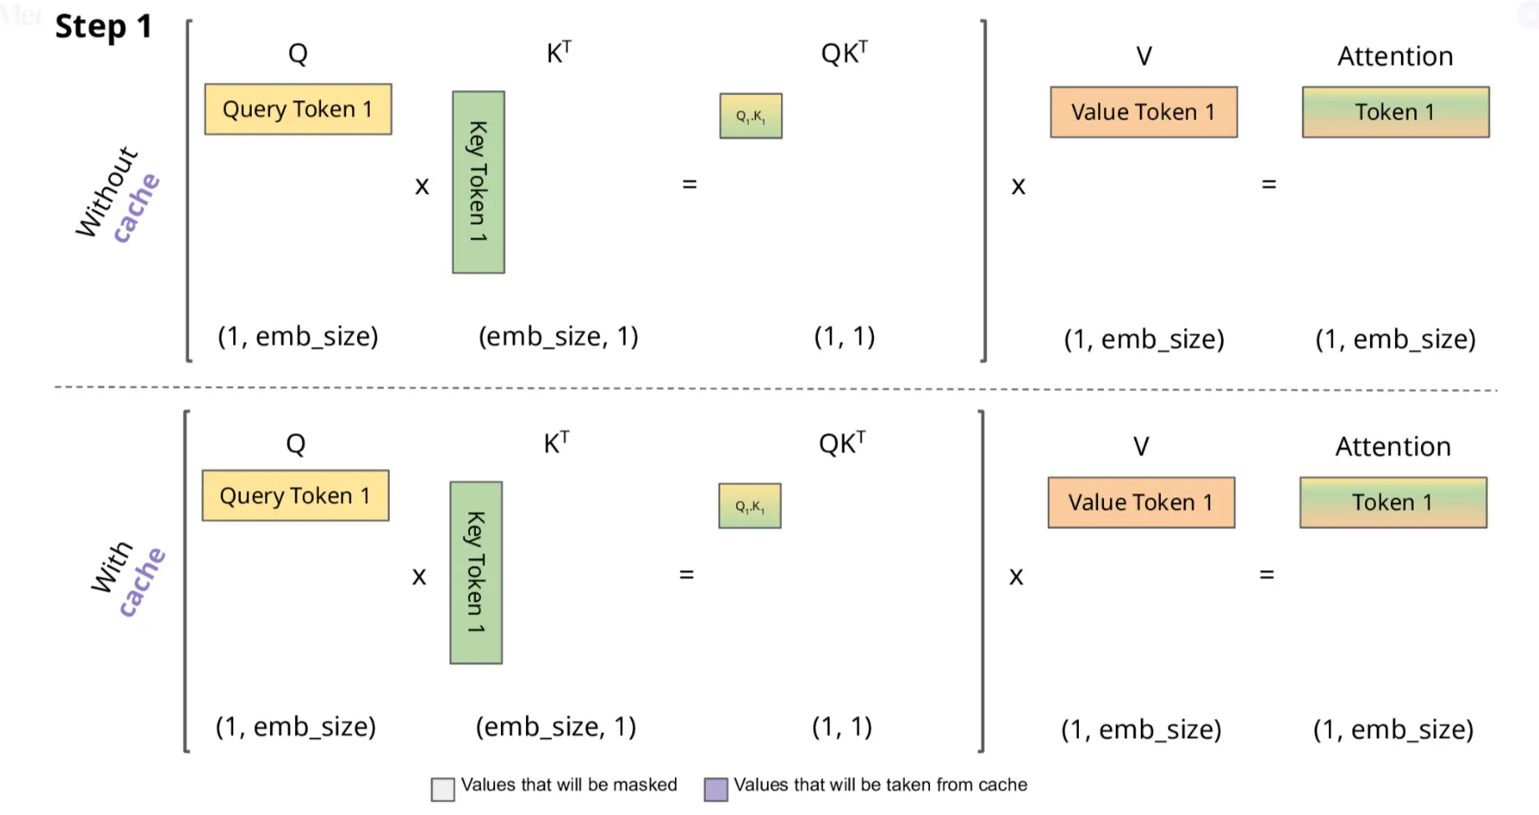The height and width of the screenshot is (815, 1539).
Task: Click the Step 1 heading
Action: pyautogui.click(x=104, y=27)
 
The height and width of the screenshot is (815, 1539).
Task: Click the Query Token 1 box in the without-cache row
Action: pyautogui.click(x=298, y=109)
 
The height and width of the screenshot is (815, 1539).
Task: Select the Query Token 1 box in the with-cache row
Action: pyautogui.click(x=295, y=496)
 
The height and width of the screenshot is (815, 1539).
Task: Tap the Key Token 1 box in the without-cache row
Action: pyautogui.click(x=478, y=182)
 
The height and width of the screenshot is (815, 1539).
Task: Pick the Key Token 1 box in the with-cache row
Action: pyautogui.click(x=476, y=573)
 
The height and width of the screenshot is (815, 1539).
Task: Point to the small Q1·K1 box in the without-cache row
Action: pyautogui.click(x=751, y=116)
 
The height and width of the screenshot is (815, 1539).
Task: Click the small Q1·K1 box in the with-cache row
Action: pyautogui.click(x=750, y=506)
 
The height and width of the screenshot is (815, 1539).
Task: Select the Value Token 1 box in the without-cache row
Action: pyautogui.click(x=1143, y=112)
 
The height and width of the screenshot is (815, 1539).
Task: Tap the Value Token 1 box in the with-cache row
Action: pyautogui.click(x=1141, y=502)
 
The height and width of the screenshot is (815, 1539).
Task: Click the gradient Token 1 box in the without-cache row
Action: pyautogui.click(x=1395, y=112)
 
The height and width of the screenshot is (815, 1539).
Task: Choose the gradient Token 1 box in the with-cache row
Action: pyautogui.click(x=1393, y=502)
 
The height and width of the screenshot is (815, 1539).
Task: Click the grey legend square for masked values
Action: pyautogui.click(x=442, y=789)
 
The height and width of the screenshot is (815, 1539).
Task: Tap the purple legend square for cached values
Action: pyautogui.click(x=716, y=789)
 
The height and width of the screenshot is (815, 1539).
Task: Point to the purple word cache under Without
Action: pyautogui.click(x=136, y=208)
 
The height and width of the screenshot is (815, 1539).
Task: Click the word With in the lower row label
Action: pyautogui.click(x=111, y=568)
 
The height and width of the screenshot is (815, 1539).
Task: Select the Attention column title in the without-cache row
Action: pyautogui.click(x=1395, y=56)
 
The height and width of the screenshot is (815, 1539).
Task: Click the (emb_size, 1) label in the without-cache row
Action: pyautogui.click(x=558, y=336)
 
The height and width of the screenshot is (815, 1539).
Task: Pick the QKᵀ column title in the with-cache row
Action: pyautogui.click(x=842, y=443)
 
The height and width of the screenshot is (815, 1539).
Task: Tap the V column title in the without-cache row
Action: pyautogui.click(x=1143, y=56)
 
